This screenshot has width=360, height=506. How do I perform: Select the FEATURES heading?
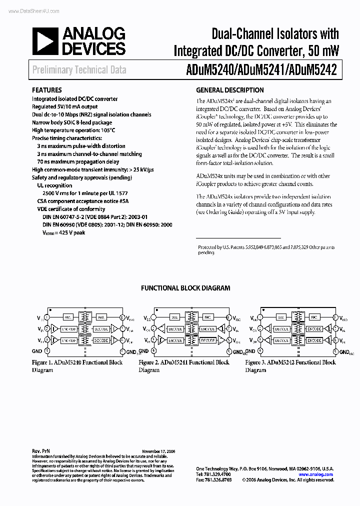47,90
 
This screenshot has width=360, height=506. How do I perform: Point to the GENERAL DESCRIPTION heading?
230,90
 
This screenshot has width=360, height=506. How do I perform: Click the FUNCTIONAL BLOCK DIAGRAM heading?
185,288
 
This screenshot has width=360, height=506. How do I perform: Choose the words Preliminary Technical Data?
79,70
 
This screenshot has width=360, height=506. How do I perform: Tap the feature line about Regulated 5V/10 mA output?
65,106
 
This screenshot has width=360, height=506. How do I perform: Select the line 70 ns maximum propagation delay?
78,162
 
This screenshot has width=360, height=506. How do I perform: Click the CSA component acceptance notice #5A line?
82,201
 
